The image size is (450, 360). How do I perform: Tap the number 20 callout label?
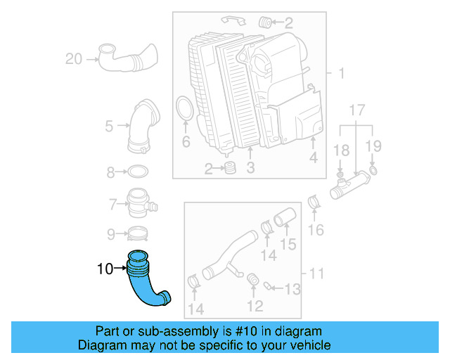(74, 59)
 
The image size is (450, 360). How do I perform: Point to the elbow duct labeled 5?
(143, 126)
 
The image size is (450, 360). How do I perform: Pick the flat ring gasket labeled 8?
(138, 172)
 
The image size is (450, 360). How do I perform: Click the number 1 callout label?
(341, 74)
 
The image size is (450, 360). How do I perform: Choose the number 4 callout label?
(313, 159)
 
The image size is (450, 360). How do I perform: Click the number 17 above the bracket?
(356, 110)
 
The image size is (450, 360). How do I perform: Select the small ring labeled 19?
(373, 171)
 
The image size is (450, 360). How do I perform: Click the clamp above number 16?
(315, 205)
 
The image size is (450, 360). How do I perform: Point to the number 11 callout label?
(317, 273)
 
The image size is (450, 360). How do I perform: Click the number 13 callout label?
(292, 288)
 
